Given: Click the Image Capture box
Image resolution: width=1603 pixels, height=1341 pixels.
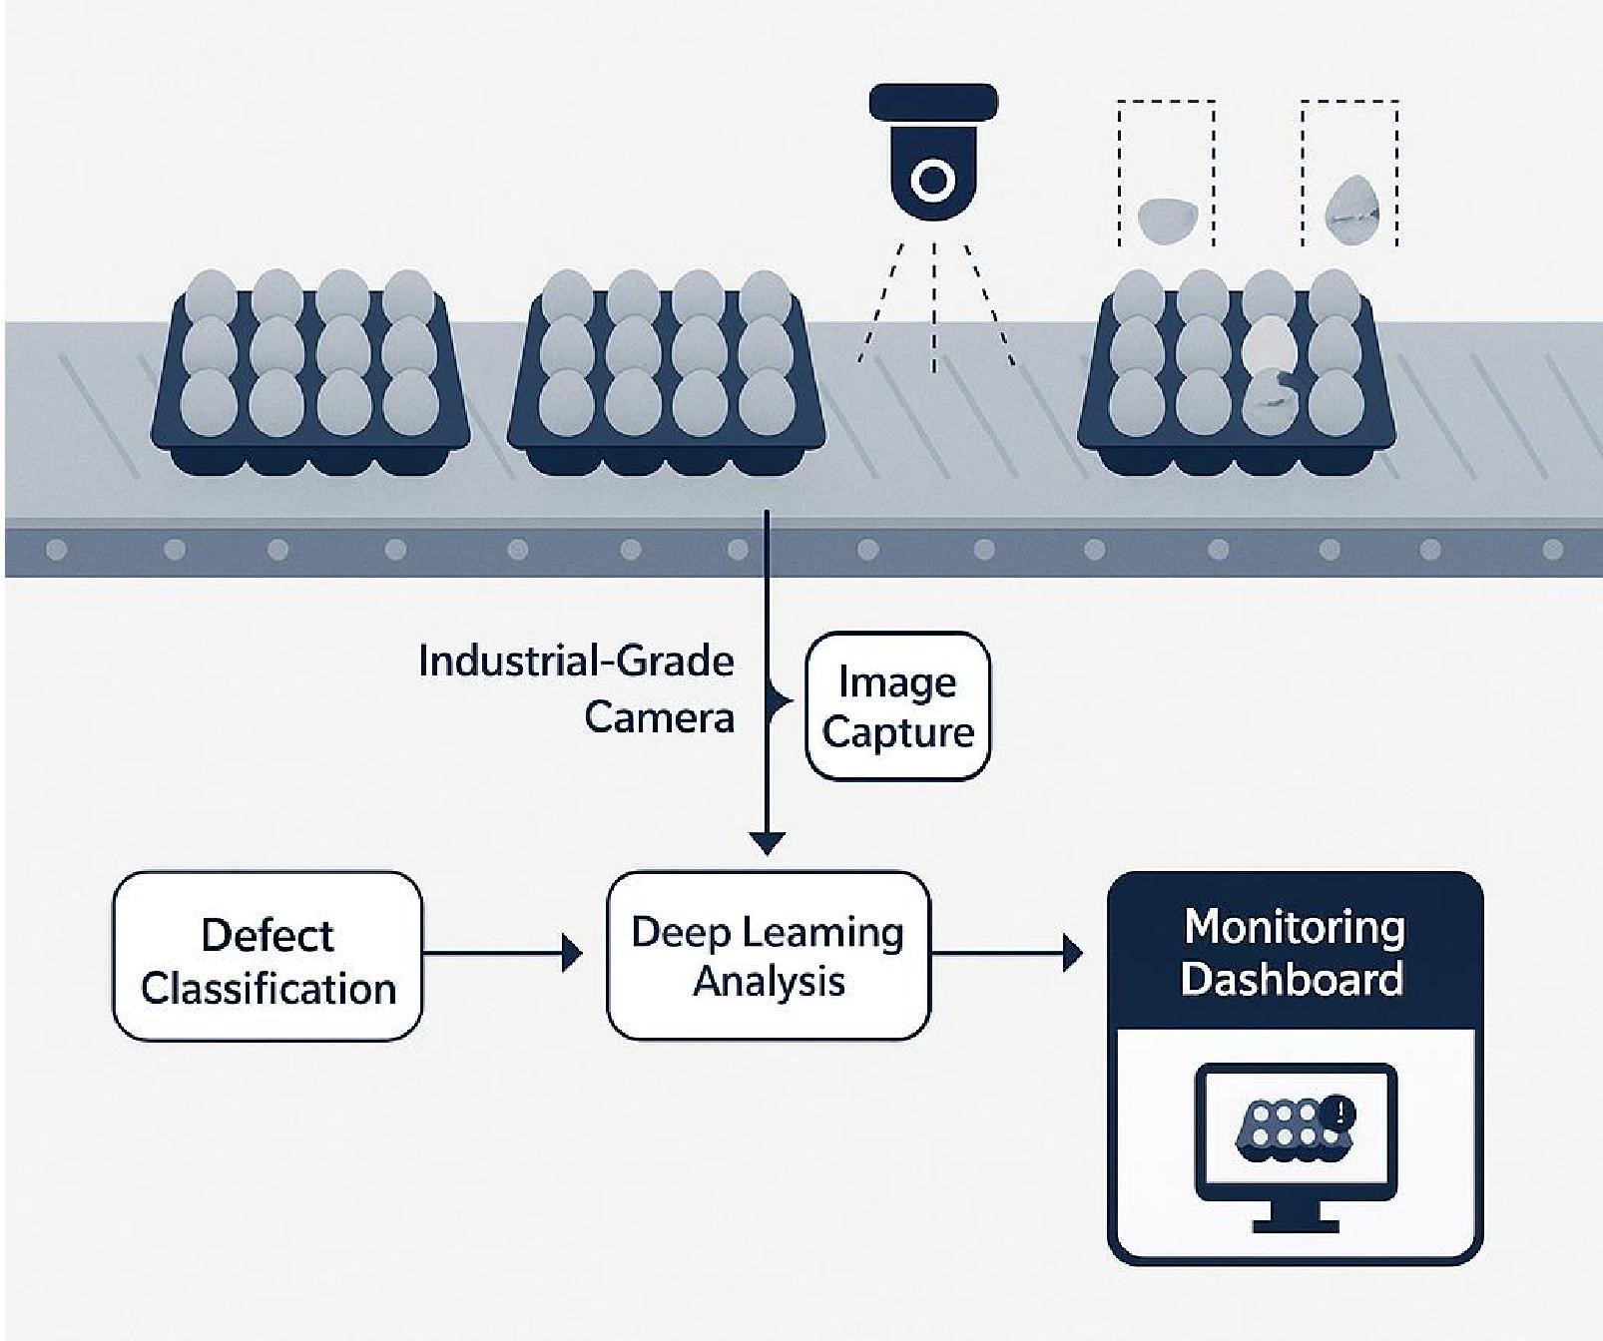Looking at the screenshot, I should pos(897,706).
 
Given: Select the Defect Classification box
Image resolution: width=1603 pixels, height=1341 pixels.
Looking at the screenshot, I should pos(267,957).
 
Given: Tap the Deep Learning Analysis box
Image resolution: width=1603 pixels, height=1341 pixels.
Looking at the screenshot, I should pos(768,956).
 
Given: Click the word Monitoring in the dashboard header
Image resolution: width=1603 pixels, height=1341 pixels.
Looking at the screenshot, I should pos(1295,927).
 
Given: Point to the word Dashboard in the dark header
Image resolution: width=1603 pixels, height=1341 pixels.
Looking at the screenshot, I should pos(1292,979).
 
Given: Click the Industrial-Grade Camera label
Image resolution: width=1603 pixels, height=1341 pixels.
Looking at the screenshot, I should pos(577,688).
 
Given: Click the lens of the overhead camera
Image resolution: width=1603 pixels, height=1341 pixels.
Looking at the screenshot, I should pos(933,181).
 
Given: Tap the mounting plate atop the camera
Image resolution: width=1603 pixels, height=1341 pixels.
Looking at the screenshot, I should pos(933,101).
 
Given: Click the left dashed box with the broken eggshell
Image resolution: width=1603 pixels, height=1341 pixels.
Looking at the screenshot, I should pos(1166,174).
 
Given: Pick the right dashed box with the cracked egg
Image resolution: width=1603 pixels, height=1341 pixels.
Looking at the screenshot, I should pos(1349,174).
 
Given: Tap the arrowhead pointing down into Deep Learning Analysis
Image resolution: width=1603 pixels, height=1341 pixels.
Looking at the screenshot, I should pos(767,843).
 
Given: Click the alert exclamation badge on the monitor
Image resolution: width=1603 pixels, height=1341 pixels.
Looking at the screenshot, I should pos(1338,1113).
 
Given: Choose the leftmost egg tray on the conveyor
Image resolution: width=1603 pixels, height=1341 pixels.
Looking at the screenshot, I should pos(310,374).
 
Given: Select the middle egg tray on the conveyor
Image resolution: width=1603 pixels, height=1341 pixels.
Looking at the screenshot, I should pos(667,374).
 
